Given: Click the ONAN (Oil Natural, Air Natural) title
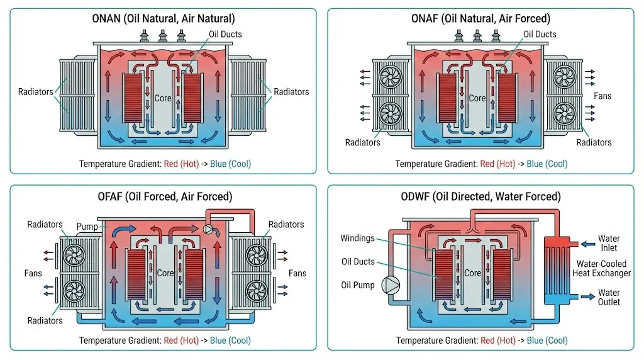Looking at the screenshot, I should coord(164,18).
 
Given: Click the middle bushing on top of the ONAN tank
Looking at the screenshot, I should coord(162,35).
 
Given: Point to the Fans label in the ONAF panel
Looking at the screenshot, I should coord(602,96).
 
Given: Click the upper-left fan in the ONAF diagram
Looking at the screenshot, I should coord(388,76).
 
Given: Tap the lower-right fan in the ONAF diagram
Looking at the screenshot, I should coord(562,115).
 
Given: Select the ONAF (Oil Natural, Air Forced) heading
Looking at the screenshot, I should coord(481,18).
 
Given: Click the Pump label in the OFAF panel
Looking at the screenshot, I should coord(87,225).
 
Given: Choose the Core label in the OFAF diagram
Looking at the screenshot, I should coord(165,273).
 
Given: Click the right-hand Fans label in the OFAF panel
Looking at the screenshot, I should coord(297,273).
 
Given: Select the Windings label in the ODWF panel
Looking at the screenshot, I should coord(357,239).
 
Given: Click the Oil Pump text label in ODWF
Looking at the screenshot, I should coord(357,285).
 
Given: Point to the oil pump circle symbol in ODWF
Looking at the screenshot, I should coord(393,285).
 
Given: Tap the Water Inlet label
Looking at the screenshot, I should coord(609,243).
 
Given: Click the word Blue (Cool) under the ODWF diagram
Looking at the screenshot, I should coord(547,340).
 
